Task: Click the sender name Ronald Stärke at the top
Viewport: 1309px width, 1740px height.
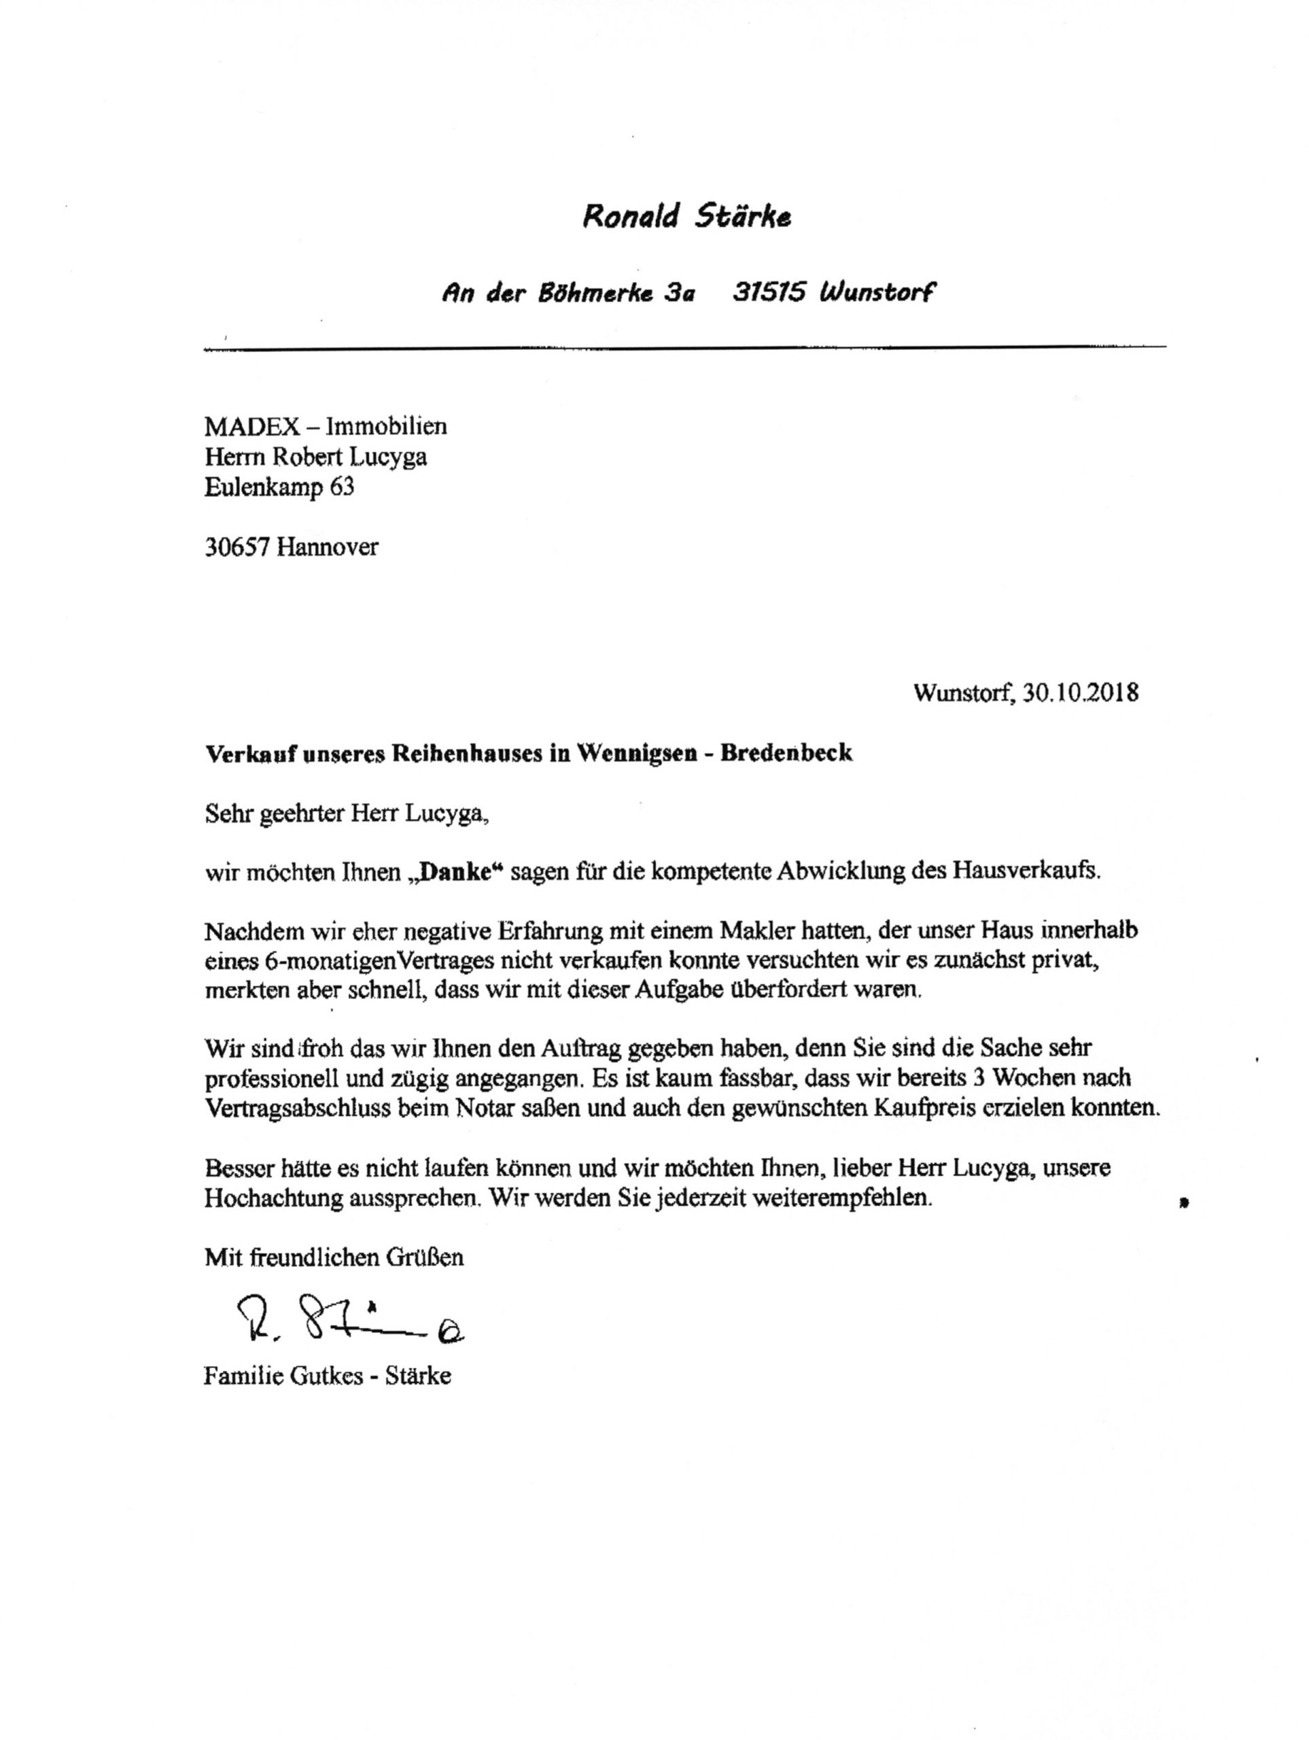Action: click(x=686, y=215)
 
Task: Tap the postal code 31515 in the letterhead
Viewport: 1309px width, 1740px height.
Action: click(x=769, y=293)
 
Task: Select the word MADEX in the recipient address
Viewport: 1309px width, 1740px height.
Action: click(x=251, y=426)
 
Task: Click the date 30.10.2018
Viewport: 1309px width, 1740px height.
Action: click(x=1081, y=693)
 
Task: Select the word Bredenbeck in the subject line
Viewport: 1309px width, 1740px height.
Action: click(x=786, y=754)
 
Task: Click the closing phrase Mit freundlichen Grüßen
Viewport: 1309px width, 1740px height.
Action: click(x=334, y=1257)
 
